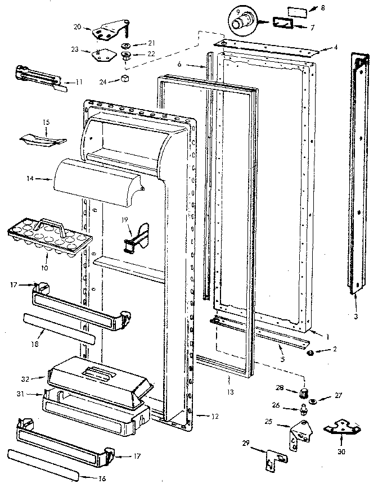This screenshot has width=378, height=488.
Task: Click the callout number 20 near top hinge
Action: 77,27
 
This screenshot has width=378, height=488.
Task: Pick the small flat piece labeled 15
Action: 42,138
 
